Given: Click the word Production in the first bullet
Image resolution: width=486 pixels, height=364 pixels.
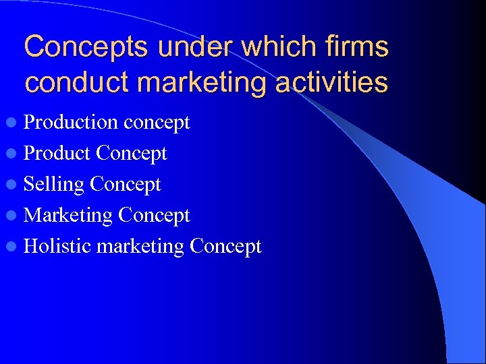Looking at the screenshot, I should click(71, 122).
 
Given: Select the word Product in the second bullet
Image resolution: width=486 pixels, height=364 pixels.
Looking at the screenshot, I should click(57, 153).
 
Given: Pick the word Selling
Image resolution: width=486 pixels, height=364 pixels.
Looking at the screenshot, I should click(54, 185).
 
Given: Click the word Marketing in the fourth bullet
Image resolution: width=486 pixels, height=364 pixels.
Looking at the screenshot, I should click(68, 216).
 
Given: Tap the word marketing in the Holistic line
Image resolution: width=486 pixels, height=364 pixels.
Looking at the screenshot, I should click(140, 247).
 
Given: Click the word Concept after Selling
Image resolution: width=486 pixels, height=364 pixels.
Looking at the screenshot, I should click(126, 185).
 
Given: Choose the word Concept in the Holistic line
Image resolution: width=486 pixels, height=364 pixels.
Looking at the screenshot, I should click(225, 247).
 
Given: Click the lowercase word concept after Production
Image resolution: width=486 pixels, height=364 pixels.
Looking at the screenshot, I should click(157, 123).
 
